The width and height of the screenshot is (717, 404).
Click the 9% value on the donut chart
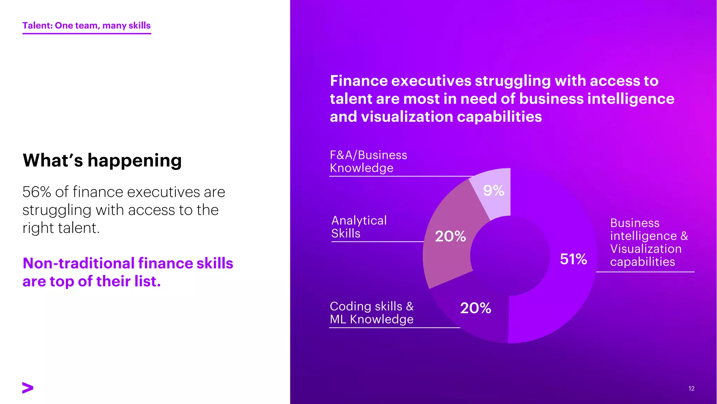coord(494,191)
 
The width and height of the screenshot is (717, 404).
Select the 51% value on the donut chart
coord(573,259)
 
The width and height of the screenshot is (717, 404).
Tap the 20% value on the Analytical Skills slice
coord(450,236)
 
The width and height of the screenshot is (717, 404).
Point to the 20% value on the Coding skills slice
coord(475,308)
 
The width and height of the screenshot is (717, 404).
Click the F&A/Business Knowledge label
coord(368,161)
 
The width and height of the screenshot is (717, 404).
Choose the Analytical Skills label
coord(359,227)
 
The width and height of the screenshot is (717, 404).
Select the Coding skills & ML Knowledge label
coord(371,313)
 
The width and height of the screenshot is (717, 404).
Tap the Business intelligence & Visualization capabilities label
coord(649,242)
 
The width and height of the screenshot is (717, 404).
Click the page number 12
coord(691,389)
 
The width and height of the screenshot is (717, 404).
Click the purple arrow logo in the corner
coord(28,388)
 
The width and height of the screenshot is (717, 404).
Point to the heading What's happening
coord(102,161)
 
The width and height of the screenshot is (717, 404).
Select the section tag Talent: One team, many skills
coord(86,26)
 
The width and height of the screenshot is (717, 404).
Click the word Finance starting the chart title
coord(359,81)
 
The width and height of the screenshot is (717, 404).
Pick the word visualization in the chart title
coord(407,117)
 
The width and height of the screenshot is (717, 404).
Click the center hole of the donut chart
coord(510,256)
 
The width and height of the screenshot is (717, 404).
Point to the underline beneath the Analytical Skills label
coord(377,242)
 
